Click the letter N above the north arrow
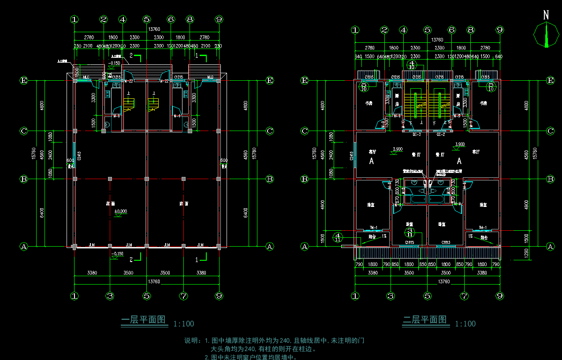point(546,15)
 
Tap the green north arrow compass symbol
point(546,35)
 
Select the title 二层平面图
point(425,320)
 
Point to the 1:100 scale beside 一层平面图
point(183,324)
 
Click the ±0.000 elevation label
point(120,211)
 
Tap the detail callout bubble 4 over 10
point(412,65)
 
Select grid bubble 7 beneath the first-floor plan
point(183,296)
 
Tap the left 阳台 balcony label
point(372,237)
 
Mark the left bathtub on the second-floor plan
point(416,199)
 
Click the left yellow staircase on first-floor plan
point(129,105)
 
